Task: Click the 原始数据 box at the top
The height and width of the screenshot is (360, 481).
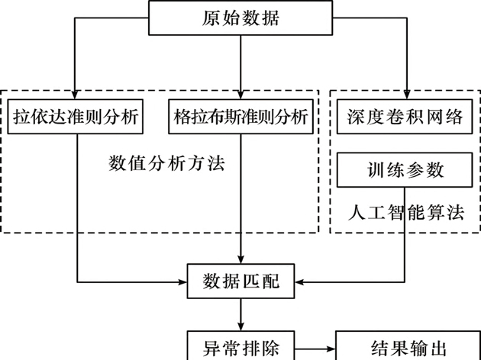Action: pyautogui.click(x=241, y=18)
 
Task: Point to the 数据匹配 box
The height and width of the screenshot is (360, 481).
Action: pyautogui.click(x=241, y=282)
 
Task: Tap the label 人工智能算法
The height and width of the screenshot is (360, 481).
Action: pyautogui.click(x=406, y=211)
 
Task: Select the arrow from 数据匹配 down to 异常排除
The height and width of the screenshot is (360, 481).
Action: pyautogui.click(x=241, y=313)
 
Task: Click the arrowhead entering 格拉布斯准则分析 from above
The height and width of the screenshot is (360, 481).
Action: pyautogui.click(x=241, y=94)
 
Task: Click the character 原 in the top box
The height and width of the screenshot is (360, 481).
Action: pyautogui.click(x=209, y=18)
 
